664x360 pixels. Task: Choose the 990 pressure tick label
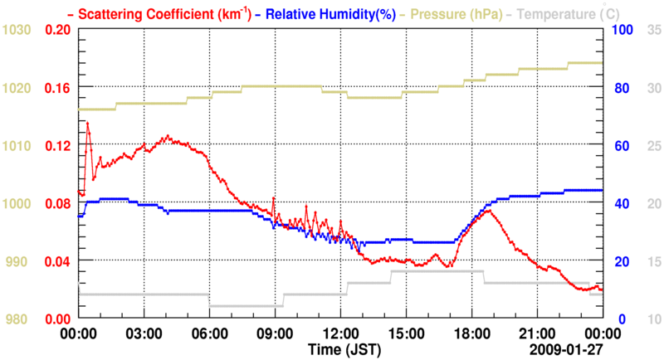point(19,261)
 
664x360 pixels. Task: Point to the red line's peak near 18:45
point(490,211)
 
